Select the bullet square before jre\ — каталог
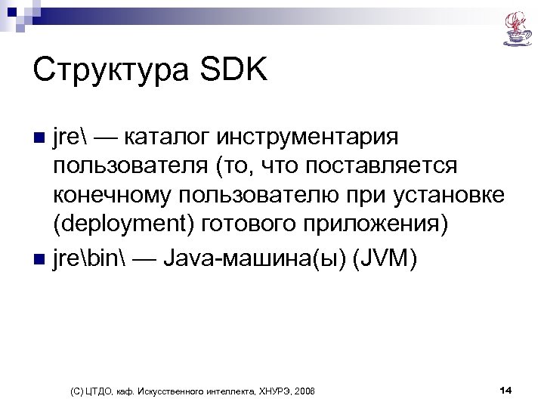tap(41, 139)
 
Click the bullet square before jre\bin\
tap(41, 260)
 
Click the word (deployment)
tap(128, 229)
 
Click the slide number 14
tap(505, 390)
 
